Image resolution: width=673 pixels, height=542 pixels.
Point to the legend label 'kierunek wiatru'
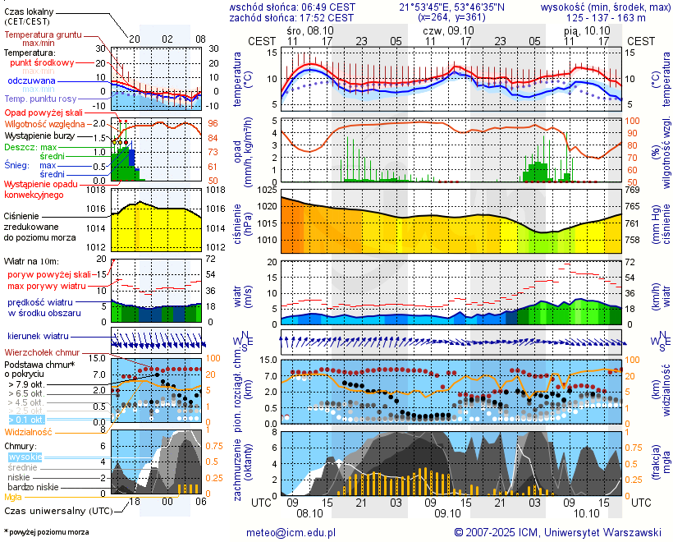click(x=38, y=337)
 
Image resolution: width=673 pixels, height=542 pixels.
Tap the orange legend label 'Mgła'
click(x=13, y=497)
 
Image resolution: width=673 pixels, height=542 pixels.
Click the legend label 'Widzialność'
click(x=29, y=431)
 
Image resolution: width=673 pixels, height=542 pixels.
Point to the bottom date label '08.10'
click(x=309, y=512)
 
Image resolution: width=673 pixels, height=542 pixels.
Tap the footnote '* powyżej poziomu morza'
click(x=47, y=532)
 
